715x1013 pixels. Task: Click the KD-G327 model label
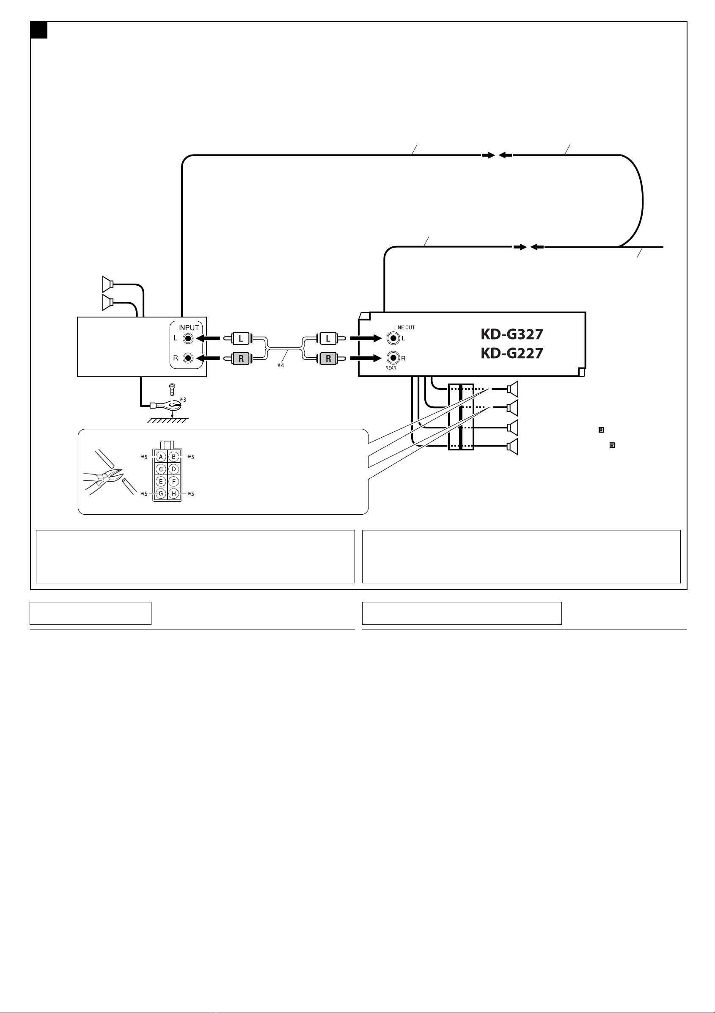(x=511, y=334)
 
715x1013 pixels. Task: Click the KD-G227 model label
(x=511, y=353)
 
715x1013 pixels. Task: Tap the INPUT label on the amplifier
(x=188, y=328)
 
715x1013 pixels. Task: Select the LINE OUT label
(x=404, y=327)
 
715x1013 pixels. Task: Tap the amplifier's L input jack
(x=189, y=338)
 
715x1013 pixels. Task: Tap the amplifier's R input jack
(x=189, y=358)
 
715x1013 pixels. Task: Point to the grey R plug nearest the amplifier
(x=240, y=358)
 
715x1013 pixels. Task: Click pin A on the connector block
(x=161, y=457)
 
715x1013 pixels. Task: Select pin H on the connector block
(x=174, y=494)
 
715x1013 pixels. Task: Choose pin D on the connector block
(x=174, y=469)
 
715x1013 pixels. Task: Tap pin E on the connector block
(x=161, y=481)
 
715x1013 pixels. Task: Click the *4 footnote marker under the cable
(x=280, y=366)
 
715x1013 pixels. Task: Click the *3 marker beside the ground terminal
(x=183, y=400)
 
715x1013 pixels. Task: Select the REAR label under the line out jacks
(x=391, y=368)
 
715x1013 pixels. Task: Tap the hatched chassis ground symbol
(x=168, y=420)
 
